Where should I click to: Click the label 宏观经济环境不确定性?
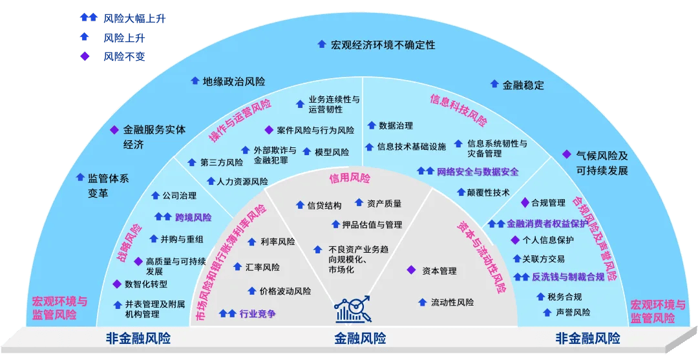pyautogui.click(x=383, y=45)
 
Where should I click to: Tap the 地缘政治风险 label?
pyautogui.click(x=233, y=81)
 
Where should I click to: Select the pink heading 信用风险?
pyautogui.click(x=350, y=178)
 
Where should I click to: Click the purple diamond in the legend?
pyautogui.click(x=85, y=57)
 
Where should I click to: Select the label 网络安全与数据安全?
pyautogui.click(x=478, y=172)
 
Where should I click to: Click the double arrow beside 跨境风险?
pyautogui.click(x=163, y=217)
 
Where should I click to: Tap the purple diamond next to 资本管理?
pyautogui.click(x=411, y=270)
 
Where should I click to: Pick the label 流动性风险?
pyautogui.click(x=452, y=302)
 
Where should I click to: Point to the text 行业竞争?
pyautogui.click(x=257, y=313)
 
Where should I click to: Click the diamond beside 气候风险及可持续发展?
pyautogui.click(x=566, y=154)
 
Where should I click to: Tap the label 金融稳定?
pyautogui.click(x=523, y=85)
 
